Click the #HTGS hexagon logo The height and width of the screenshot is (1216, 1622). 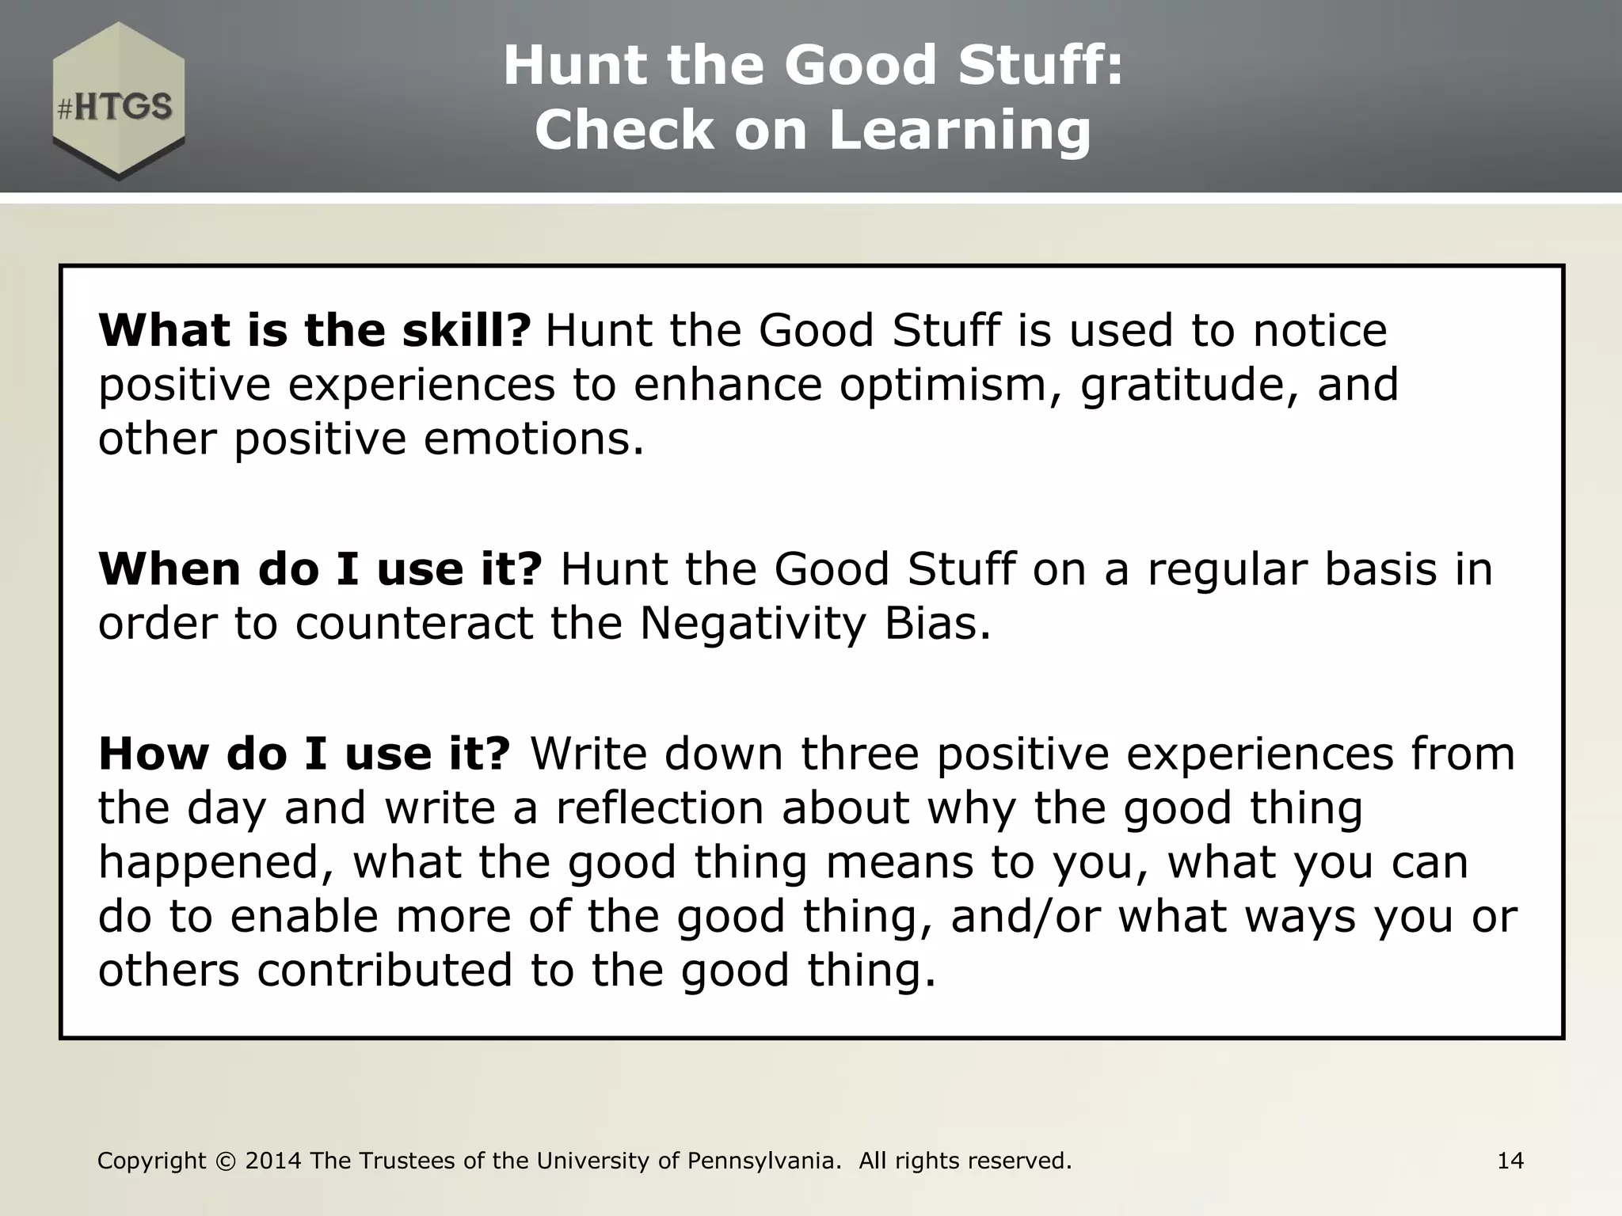pos(119,101)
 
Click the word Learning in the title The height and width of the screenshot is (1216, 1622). pos(960,130)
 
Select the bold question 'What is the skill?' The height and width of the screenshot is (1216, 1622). pos(314,330)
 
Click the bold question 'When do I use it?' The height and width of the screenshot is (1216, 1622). pos(320,568)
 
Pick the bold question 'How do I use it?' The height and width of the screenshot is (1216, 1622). pos(305,753)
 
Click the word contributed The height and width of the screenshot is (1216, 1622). pos(385,970)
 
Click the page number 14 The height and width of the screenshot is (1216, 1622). pos(1510,1161)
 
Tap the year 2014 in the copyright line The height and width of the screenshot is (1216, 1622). pos(273,1161)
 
